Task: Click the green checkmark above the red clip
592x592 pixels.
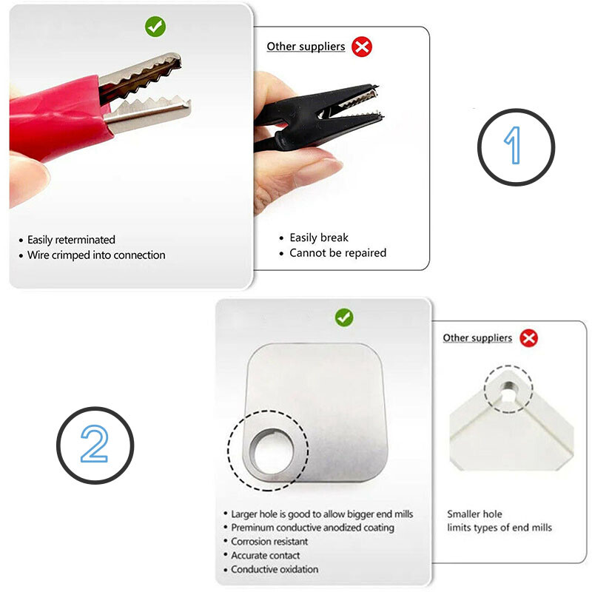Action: [155, 27]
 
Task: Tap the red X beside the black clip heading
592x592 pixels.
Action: [362, 47]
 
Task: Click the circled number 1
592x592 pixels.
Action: [516, 147]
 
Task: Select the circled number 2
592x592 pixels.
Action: [95, 445]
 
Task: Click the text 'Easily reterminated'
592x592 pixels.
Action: [71, 240]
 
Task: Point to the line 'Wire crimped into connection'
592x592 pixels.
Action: [96, 255]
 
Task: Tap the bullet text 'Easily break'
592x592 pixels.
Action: [319, 238]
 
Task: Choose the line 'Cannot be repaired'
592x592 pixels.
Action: [338, 252]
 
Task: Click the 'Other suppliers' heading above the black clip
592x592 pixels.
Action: [306, 47]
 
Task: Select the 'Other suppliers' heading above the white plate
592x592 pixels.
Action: [477, 337]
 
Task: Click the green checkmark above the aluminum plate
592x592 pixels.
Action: [344, 317]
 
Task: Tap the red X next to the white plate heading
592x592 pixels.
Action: [529, 338]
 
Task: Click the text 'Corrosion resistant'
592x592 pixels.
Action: [269, 542]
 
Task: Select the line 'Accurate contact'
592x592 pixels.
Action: [266, 556]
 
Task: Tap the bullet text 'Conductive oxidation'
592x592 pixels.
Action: [275, 569]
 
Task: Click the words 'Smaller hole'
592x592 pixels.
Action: [474, 514]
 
